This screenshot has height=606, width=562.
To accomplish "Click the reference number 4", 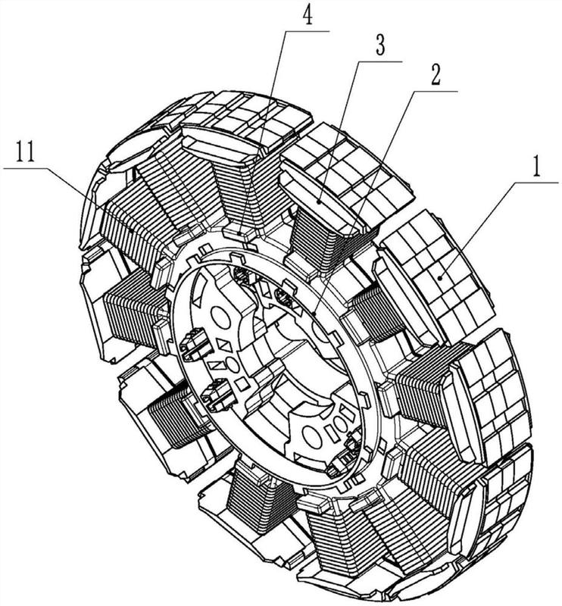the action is (x=308, y=15).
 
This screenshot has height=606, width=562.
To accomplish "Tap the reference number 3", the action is (x=381, y=45).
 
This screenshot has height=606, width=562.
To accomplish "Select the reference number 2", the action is (x=436, y=75).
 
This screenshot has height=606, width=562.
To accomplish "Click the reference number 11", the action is (x=26, y=152).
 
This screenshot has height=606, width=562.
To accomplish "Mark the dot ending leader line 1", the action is (x=441, y=277).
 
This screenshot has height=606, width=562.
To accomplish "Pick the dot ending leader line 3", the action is (x=319, y=201).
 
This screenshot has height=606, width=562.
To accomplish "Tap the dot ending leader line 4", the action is (x=240, y=233).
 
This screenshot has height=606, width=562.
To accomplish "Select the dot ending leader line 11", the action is (x=133, y=230).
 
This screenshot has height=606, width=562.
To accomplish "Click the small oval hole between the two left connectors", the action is (x=232, y=364).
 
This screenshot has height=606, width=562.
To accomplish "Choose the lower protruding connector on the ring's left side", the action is (x=218, y=394).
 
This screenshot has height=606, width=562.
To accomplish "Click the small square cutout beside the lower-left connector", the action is (x=242, y=384).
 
